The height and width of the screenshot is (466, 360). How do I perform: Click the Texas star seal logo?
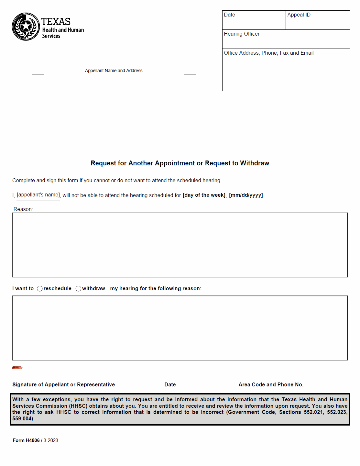click(26, 27)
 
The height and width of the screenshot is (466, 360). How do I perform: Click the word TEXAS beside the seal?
click(56, 22)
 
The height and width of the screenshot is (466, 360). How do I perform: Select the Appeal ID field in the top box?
click(317, 20)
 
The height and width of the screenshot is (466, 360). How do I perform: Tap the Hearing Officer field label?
click(242, 34)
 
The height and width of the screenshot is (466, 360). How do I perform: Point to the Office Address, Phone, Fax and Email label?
click(268, 53)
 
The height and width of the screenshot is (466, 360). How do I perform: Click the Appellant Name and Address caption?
click(114, 71)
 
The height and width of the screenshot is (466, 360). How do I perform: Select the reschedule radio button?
click(40, 289)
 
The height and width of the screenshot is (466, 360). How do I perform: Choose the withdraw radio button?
click(78, 289)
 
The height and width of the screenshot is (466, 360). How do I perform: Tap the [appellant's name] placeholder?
click(38, 195)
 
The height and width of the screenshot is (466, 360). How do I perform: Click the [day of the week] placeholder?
click(204, 195)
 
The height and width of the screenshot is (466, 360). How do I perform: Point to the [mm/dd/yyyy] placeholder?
click(246, 195)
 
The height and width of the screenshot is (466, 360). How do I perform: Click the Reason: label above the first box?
click(23, 209)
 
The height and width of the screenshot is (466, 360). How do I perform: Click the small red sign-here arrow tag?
click(17, 368)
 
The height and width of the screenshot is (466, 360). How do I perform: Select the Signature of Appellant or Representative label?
click(63, 385)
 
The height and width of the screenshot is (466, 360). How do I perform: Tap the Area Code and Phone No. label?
click(271, 385)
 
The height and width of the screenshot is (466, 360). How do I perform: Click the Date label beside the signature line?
click(170, 385)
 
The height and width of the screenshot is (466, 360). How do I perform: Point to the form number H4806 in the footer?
click(33, 440)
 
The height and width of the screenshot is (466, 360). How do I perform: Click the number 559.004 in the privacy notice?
click(22, 419)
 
